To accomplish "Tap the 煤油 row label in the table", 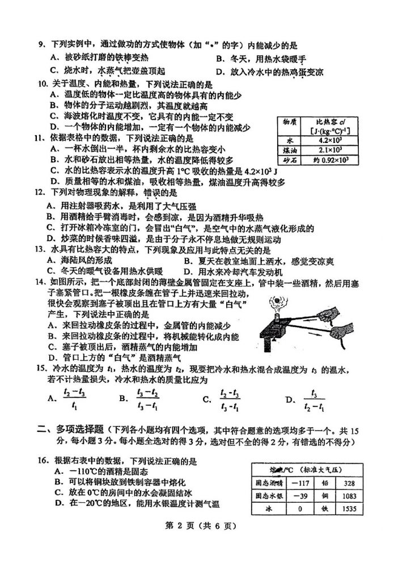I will (289, 150).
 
